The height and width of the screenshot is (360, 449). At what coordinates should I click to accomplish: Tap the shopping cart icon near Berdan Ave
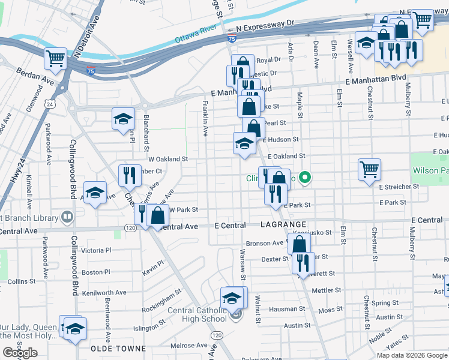tap(55, 58)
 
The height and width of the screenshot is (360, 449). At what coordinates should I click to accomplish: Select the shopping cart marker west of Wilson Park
tap(369, 169)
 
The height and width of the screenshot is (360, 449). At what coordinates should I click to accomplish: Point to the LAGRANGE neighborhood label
tap(284, 223)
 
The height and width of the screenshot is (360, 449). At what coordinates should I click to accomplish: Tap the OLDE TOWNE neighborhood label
tap(118, 348)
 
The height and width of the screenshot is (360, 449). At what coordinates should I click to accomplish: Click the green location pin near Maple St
tap(305, 177)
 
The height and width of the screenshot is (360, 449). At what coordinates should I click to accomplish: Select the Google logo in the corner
tap(20, 353)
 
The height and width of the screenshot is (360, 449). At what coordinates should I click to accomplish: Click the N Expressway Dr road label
tap(266, 25)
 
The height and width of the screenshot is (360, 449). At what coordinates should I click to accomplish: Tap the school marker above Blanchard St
tap(123, 118)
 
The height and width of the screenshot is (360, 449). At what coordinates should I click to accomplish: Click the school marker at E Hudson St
tap(244, 143)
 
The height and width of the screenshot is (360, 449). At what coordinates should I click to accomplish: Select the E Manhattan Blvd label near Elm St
tap(376, 79)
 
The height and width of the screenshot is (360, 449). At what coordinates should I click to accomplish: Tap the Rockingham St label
tap(161, 302)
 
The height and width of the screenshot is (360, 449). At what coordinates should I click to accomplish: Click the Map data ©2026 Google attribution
tap(411, 355)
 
